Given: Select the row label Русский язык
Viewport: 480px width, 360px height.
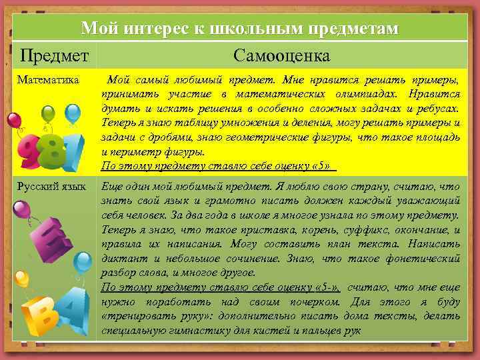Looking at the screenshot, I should [52, 187].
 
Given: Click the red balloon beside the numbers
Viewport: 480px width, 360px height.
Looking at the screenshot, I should [14, 121].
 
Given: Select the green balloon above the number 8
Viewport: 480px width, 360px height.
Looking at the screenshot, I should [49, 113].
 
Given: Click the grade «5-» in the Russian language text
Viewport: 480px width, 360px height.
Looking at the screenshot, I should [329, 287].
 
